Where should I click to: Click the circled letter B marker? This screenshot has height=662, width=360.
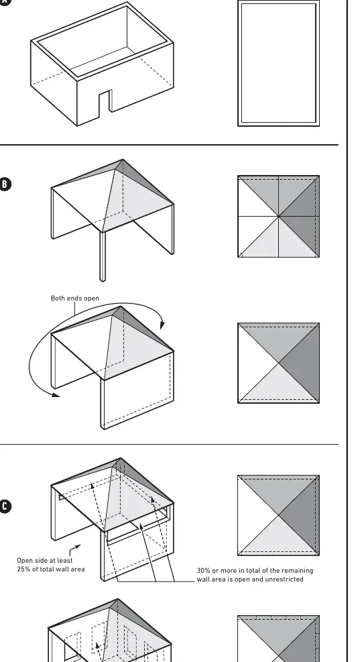point(5,184)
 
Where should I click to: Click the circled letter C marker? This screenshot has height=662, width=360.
point(5,506)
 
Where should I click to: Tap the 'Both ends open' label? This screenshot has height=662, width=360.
point(75,298)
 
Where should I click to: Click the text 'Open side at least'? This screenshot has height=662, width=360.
point(45,560)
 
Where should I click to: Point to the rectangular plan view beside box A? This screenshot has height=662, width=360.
point(278,63)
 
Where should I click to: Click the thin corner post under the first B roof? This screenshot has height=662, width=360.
point(103,256)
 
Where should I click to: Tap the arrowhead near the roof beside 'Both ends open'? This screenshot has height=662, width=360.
point(162,325)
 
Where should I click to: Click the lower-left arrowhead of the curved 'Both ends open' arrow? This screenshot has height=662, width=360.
point(56,395)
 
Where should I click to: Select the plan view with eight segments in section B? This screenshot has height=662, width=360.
point(278,216)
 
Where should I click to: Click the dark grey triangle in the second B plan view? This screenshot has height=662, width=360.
point(299,363)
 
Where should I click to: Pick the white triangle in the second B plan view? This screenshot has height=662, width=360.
point(258,363)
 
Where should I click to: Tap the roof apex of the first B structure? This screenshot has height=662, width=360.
point(123,160)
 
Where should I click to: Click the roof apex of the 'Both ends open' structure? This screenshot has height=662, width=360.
point(121,307)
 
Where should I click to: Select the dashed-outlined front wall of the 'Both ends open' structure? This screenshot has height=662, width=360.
point(137,390)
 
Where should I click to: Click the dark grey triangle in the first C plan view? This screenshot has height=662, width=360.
point(299,515)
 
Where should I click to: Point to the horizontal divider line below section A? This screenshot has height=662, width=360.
point(169,145)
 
